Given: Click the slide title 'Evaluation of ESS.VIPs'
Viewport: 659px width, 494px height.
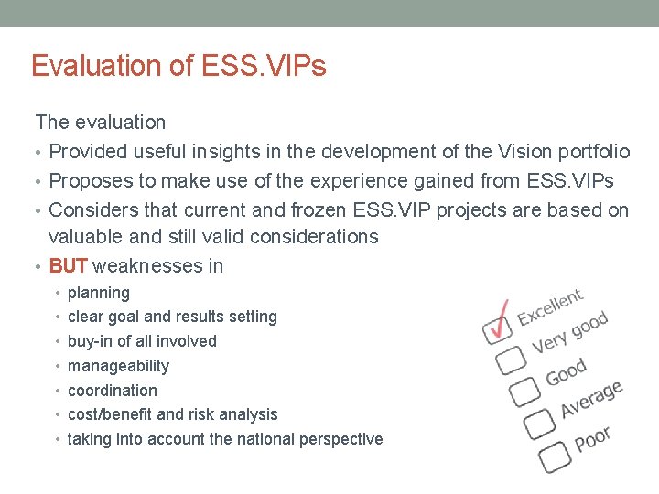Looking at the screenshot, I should pyautogui.click(x=178, y=66).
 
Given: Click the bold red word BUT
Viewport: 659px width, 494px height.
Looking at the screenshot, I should pyautogui.click(x=68, y=266).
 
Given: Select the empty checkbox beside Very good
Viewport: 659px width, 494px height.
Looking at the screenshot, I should pyautogui.click(x=511, y=360).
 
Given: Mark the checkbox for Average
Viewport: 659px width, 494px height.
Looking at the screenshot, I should pyautogui.click(x=540, y=422).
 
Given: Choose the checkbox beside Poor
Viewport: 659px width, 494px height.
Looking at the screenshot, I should pyautogui.click(x=555, y=453).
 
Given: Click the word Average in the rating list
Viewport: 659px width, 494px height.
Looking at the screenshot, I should pyautogui.click(x=591, y=401).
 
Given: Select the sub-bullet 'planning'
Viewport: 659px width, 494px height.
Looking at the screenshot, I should pyautogui.click(x=99, y=293).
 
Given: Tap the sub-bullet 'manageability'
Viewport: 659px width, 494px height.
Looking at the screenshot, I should pyautogui.click(x=118, y=366).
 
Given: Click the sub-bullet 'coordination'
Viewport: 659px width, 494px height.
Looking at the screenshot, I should pyautogui.click(x=113, y=391).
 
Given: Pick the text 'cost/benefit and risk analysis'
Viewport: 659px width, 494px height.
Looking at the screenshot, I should pyautogui.click(x=172, y=414).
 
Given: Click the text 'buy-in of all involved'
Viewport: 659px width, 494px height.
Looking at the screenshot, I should pyautogui.click(x=142, y=341).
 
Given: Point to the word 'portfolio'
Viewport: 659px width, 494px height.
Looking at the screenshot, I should pyautogui.click(x=593, y=152).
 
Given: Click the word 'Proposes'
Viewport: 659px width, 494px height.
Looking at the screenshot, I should pyautogui.click(x=88, y=180).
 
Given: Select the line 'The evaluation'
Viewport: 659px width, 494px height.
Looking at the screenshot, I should pyautogui.click(x=101, y=122).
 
